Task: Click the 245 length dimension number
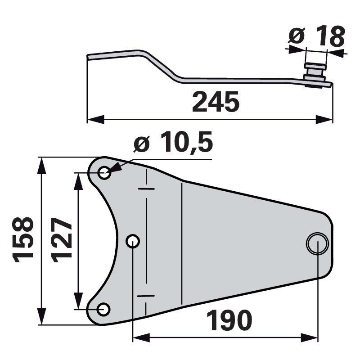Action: tap(215, 102)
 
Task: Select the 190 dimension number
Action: tap(229, 321)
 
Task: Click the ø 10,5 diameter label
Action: tap(173, 145)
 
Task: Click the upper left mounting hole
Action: tap(104, 172)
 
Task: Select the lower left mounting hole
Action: tap(103, 309)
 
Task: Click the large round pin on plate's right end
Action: tap(317, 243)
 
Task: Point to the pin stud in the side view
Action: tap(316, 72)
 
